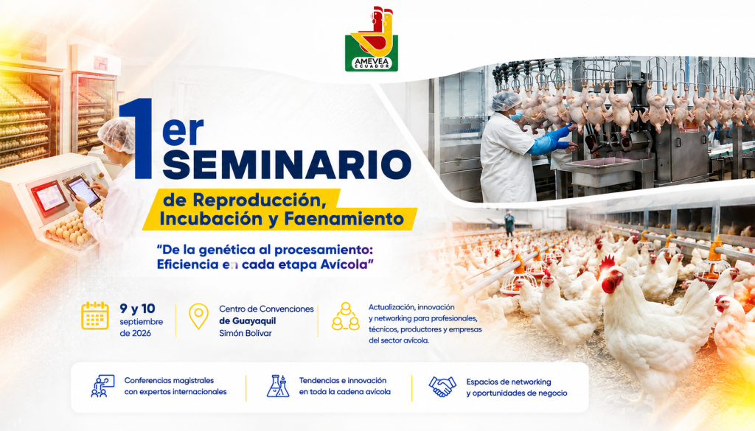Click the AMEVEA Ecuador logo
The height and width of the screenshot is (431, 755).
[x=372, y=40]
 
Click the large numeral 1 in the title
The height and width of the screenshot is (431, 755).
[x=136, y=139]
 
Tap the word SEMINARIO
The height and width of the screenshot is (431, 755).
[x=287, y=164]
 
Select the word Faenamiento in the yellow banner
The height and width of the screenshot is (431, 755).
[x=344, y=219]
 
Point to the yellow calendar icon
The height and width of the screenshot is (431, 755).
[x=95, y=315]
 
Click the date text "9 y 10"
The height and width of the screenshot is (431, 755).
[x=137, y=309]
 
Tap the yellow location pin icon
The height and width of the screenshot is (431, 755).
[x=198, y=316]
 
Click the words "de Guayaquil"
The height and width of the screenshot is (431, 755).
[x=248, y=320]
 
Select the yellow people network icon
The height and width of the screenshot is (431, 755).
[x=346, y=316]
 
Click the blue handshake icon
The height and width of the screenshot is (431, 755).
[x=442, y=386]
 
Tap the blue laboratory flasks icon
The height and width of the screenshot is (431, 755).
[x=278, y=386]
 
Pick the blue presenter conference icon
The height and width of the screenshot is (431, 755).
[x=102, y=386]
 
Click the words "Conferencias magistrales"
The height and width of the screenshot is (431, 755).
[x=169, y=380]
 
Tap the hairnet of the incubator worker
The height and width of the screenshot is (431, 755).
[x=117, y=135]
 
